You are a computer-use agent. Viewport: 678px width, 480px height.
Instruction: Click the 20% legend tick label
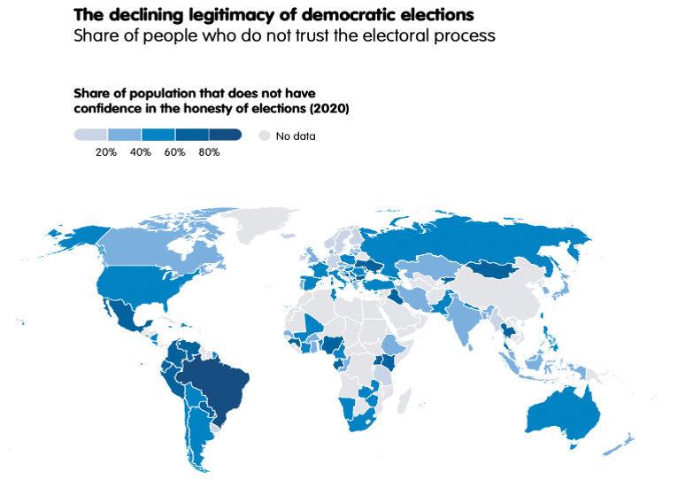[106, 152]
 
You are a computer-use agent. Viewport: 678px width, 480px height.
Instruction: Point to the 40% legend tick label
[141, 152]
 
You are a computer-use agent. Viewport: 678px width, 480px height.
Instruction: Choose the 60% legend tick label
[174, 152]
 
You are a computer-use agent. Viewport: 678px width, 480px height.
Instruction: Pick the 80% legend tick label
[209, 152]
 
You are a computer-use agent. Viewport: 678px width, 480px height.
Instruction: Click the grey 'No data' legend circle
[263, 135]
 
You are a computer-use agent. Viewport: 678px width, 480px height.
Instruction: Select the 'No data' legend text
[296, 136]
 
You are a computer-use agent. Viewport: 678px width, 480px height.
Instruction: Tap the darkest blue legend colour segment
[226, 135]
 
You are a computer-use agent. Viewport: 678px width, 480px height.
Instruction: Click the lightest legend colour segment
[89, 135]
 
